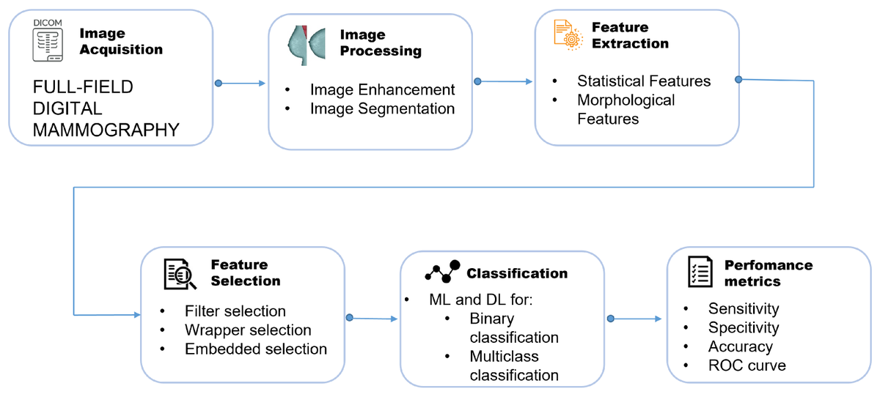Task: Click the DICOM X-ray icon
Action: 46,41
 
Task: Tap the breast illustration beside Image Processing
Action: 306,45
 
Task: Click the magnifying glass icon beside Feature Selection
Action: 180,274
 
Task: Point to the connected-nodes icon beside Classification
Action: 441,272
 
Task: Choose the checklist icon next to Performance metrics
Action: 699,272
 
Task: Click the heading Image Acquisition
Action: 120,42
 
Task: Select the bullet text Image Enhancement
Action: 382,90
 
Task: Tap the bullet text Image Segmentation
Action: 382,109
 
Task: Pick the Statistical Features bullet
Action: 644,81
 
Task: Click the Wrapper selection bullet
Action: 248,330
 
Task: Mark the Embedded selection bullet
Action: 256,349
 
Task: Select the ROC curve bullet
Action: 747,366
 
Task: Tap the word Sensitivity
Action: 744,309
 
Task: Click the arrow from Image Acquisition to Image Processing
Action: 242,83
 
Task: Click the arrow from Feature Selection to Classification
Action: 374,319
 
